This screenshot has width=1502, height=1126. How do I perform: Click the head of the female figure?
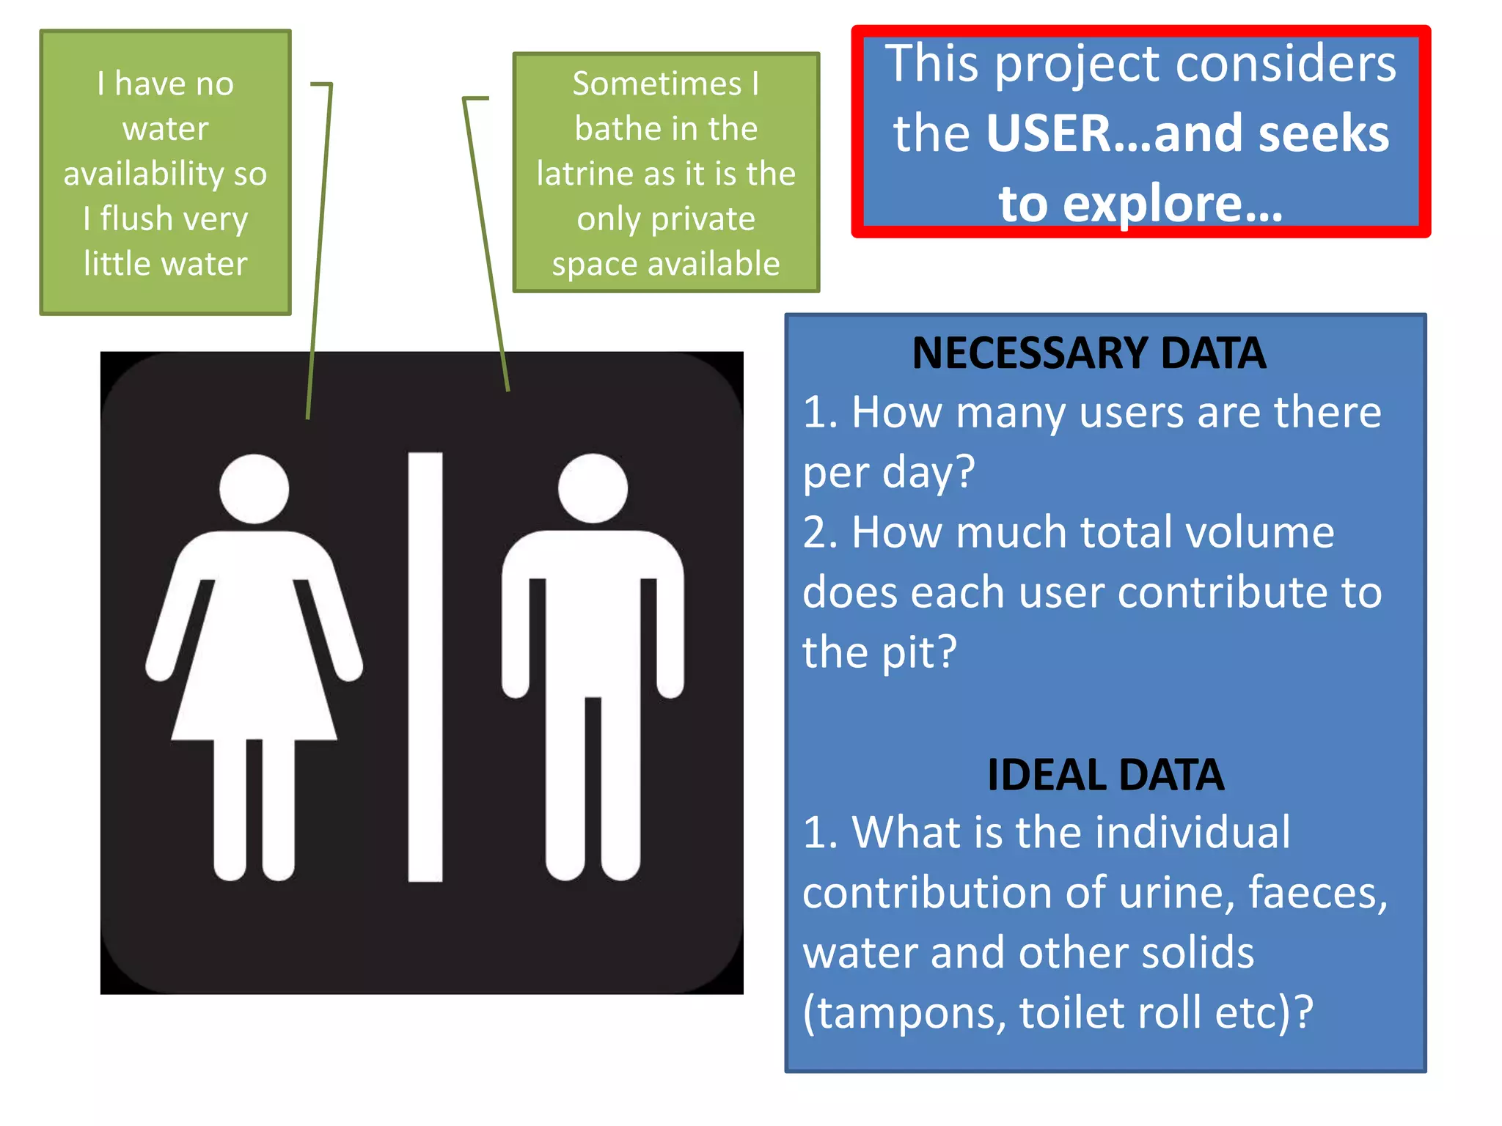pos(254,488)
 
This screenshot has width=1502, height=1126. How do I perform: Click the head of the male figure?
pos(593,488)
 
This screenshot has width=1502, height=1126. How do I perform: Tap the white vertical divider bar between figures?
pos(425,667)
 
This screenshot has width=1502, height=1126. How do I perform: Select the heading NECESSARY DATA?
pos(1089,353)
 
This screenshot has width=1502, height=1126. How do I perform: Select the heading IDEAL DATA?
pos(1105,775)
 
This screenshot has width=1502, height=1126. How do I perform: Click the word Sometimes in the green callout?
pos(657,84)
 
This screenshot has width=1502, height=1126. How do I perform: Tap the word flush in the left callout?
pos(136,218)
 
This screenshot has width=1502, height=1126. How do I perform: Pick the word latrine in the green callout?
pos(584,174)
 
